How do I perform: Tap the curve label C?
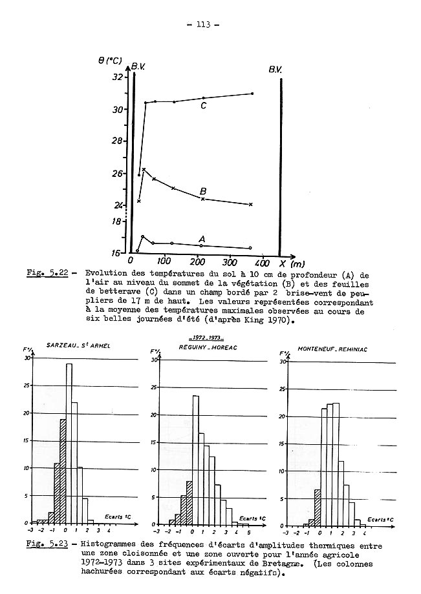pyautogui.click(x=203, y=106)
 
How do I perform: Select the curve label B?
pyautogui.click(x=202, y=191)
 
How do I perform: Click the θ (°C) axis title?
pyautogui.click(x=110, y=60)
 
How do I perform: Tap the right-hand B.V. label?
pyautogui.click(x=276, y=70)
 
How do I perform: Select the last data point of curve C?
pyautogui.click(x=252, y=94)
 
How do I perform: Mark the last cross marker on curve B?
pyautogui.click(x=250, y=204)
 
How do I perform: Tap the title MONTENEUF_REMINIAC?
pyautogui.click(x=327, y=348)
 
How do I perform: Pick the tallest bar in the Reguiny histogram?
pyautogui.click(x=195, y=459)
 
